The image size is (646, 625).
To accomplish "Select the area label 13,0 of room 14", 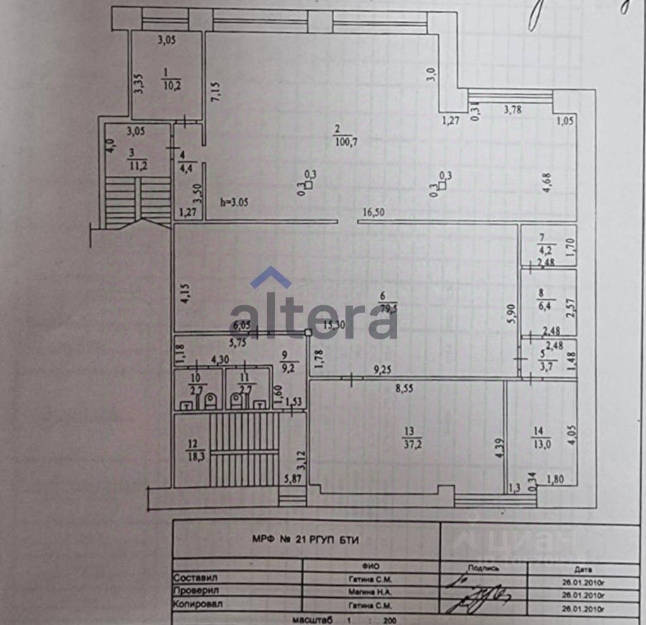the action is (x=541, y=444).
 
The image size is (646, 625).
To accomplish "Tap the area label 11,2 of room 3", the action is (x=133, y=166).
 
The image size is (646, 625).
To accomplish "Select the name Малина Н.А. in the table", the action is (x=370, y=592).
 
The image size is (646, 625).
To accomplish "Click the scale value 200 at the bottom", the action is (x=389, y=620).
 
